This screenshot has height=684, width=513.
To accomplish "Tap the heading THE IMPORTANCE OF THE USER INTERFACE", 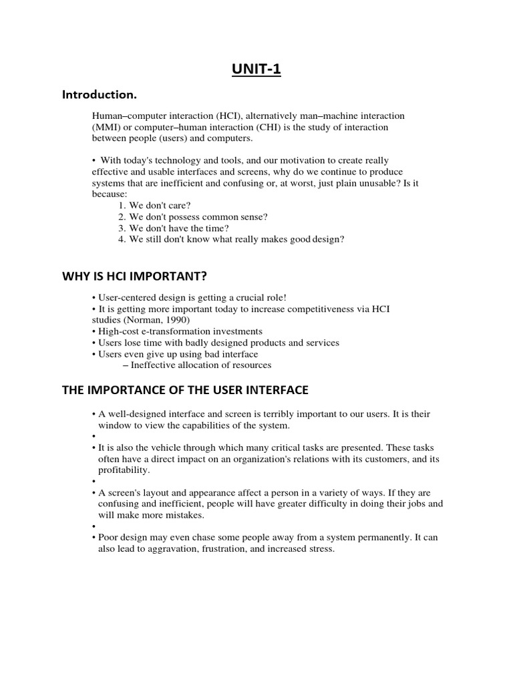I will [185, 390].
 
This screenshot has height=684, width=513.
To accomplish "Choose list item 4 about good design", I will [231, 239].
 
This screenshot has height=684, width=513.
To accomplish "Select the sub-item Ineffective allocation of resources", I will [197, 365].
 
